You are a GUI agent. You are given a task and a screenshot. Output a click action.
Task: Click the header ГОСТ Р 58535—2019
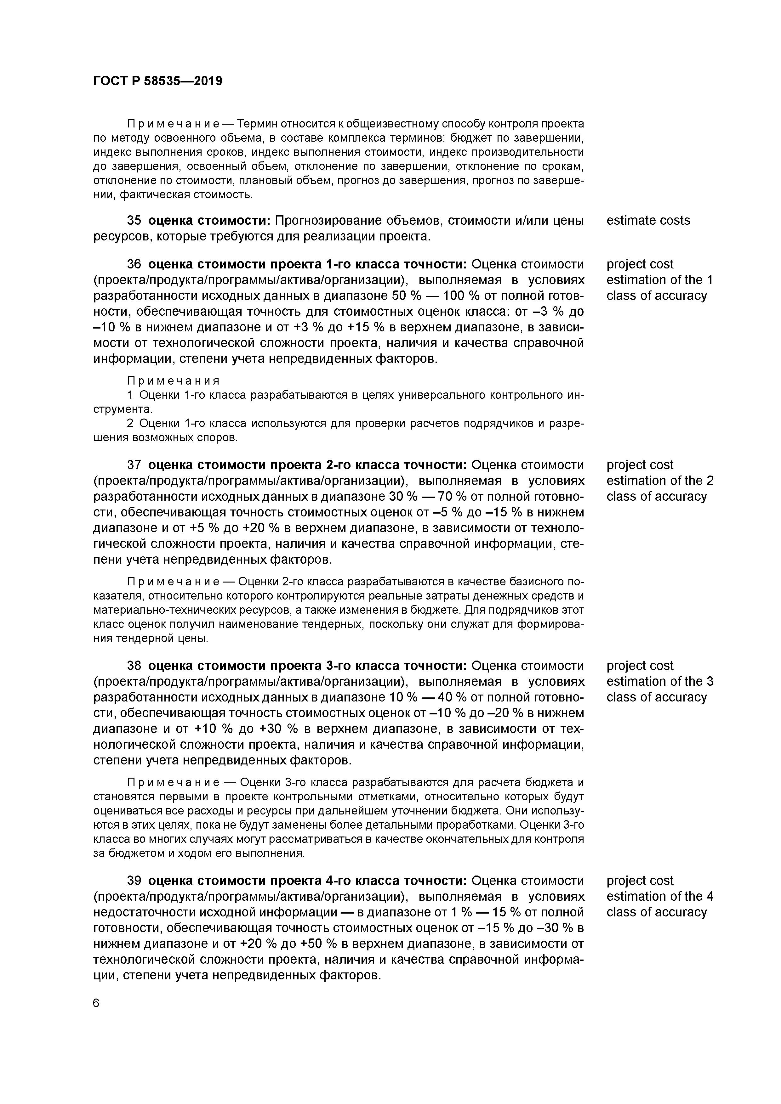click(x=157, y=81)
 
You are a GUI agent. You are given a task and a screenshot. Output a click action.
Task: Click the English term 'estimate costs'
click(x=648, y=220)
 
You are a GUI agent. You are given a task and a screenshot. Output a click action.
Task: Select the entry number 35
click(x=134, y=220)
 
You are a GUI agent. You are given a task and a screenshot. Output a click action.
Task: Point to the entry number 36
click(x=134, y=264)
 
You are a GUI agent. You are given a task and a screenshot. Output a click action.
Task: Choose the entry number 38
click(x=134, y=666)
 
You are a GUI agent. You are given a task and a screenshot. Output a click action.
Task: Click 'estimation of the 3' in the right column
click(x=660, y=681)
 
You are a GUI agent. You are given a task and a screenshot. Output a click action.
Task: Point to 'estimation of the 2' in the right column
click(x=660, y=481)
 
